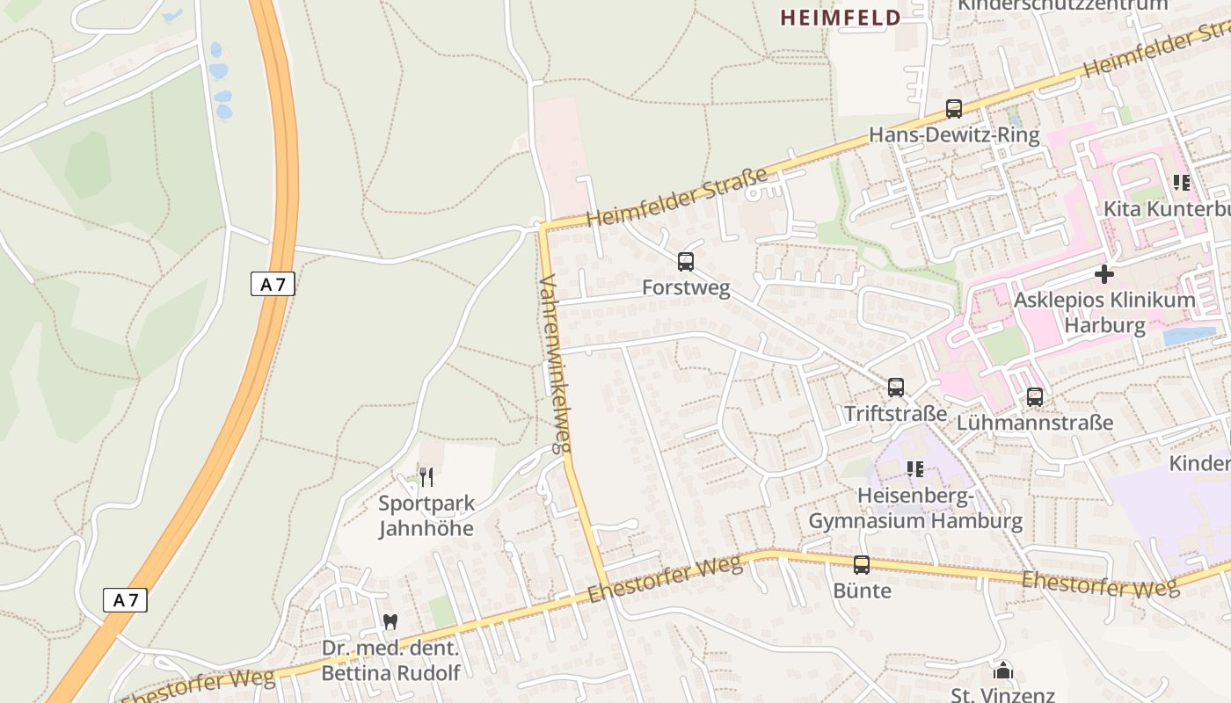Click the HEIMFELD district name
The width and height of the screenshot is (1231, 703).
point(840,18)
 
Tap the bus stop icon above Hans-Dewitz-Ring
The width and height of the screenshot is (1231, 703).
point(954,109)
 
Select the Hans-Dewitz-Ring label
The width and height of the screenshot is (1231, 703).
point(954,135)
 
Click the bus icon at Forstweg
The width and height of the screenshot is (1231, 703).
point(686,261)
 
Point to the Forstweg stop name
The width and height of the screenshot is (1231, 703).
point(686,288)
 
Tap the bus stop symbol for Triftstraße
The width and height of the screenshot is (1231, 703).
point(896,387)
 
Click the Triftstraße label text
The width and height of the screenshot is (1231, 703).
point(896,414)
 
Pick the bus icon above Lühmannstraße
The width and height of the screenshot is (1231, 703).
point(1035,396)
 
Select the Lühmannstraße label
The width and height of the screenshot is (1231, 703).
point(1035,423)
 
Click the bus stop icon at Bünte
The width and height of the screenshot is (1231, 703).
point(862,564)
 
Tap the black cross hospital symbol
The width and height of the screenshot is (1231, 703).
point(1104,274)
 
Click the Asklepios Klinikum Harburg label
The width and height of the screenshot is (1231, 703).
point(1104,313)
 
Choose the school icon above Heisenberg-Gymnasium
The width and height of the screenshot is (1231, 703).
point(915,469)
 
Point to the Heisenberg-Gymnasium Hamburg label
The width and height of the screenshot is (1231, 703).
point(915,509)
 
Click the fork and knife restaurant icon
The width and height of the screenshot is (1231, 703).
point(426,477)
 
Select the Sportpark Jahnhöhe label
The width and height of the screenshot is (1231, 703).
point(426,516)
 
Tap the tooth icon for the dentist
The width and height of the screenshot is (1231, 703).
point(390,621)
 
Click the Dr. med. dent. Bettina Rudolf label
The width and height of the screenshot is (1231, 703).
point(390,661)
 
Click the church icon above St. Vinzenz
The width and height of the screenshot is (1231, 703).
point(1003,671)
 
